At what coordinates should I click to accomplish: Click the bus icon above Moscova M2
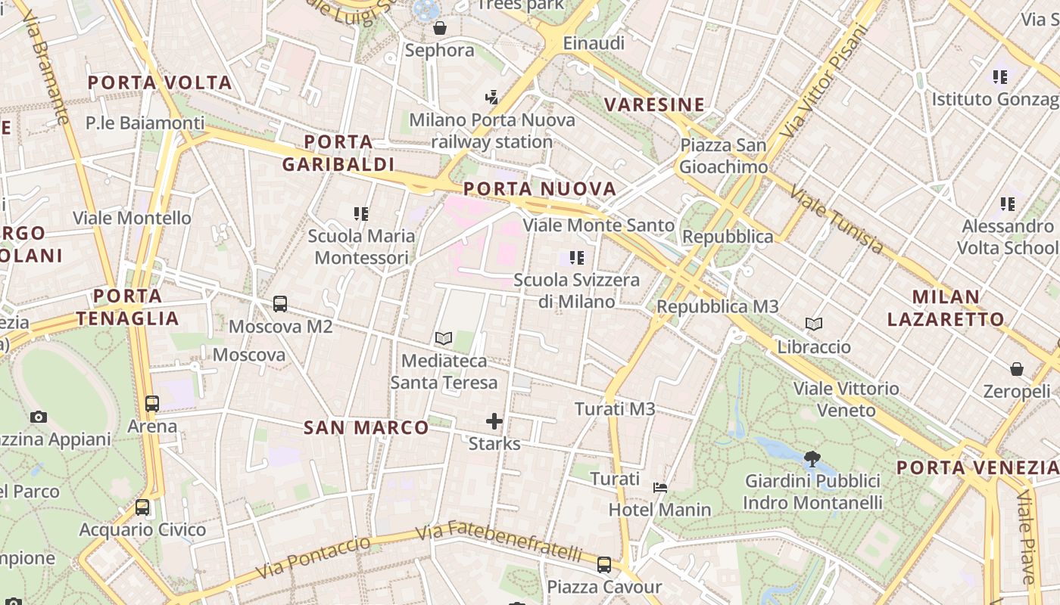pos(280,304)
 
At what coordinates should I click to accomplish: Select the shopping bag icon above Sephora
pos(440,29)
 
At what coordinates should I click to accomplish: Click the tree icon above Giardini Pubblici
pos(812,458)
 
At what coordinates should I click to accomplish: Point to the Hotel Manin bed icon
pos(660,488)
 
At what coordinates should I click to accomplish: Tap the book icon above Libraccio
pos(814,324)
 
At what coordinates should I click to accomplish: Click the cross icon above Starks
pos(494,421)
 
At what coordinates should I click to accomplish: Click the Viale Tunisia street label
pos(836,219)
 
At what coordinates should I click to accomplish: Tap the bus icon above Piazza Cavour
pos(603,564)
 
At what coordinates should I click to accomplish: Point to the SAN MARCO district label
pos(366,428)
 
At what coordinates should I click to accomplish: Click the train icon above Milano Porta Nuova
pos(492,97)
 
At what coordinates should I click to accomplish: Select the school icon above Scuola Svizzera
pos(578,258)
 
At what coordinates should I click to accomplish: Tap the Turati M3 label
pos(615,409)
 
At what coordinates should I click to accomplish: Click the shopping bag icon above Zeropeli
pos(1017,369)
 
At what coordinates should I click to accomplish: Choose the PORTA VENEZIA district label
pos(977,467)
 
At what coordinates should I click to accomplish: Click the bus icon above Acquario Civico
pos(142,507)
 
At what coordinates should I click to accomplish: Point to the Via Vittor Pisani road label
pos(826,81)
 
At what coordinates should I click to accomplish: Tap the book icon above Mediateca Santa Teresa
pos(444,338)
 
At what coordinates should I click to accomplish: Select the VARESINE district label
pos(655,104)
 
